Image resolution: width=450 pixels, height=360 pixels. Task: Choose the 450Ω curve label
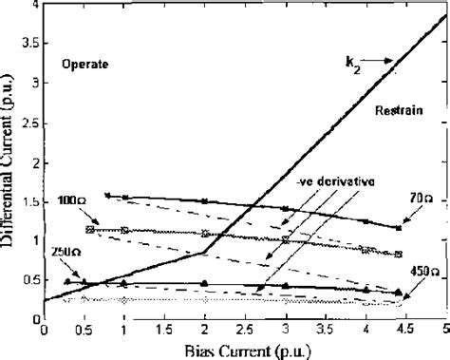click(422, 272)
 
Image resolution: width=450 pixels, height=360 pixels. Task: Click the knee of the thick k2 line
click(205, 252)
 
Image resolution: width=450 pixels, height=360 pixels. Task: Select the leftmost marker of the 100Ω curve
click(89, 229)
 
